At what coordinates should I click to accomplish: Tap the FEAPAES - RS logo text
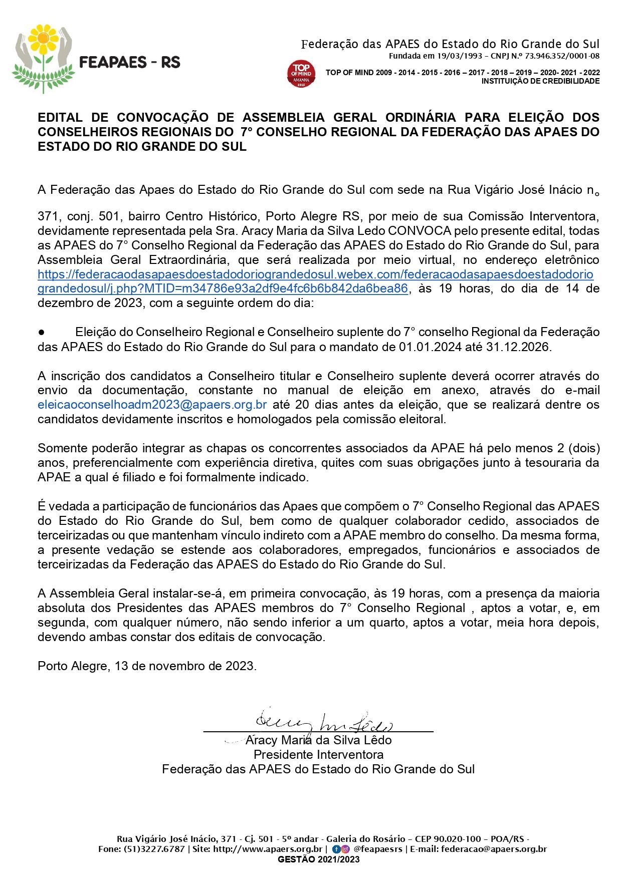pos(130,63)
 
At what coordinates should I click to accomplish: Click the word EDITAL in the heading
pos(60,118)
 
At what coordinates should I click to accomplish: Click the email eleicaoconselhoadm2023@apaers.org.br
pos(152,405)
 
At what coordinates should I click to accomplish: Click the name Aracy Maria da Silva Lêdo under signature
pos(318,740)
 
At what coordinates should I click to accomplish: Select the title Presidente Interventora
pos(318,755)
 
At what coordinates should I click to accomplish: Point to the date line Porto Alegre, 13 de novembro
pos(147,666)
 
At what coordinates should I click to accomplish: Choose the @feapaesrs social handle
pos(377,849)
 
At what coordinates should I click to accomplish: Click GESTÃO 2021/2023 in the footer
pos(318,859)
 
